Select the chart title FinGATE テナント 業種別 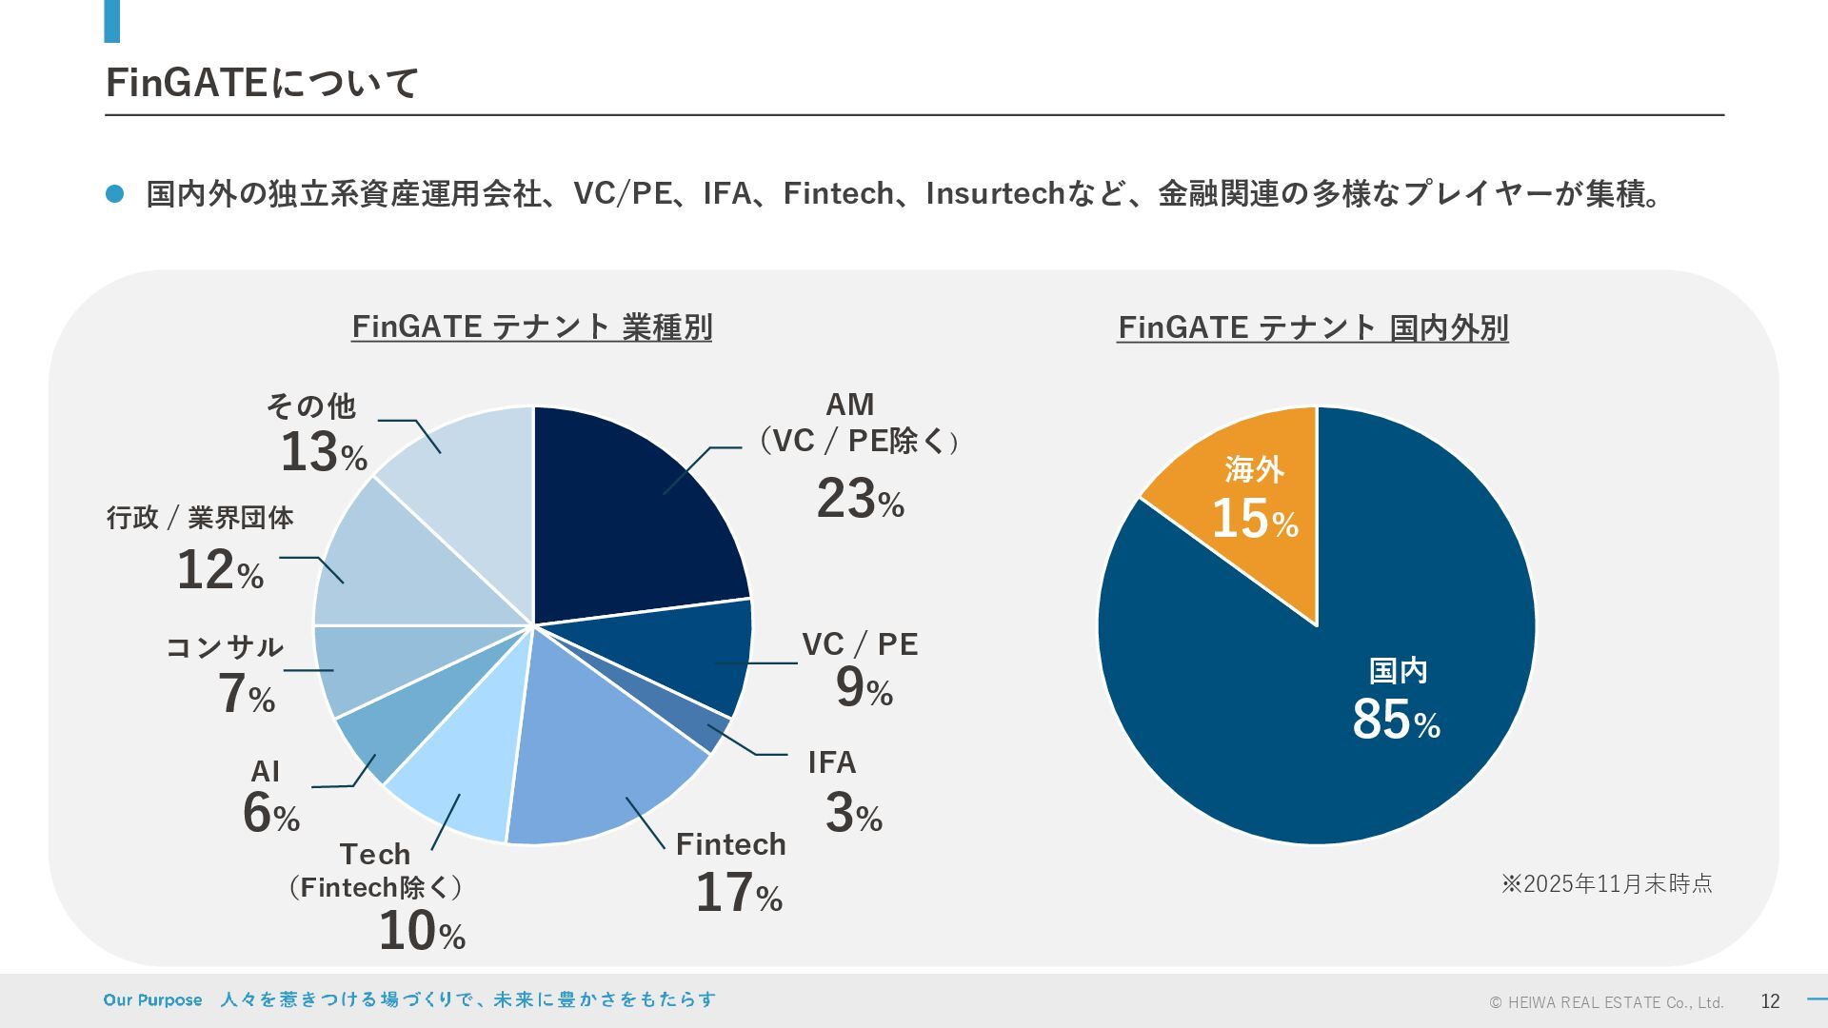pyautogui.click(x=531, y=327)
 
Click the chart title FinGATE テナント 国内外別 pyautogui.click(x=1312, y=327)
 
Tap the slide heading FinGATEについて pyautogui.click(x=262, y=83)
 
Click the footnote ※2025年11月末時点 pyautogui.click(x=1606, y=883)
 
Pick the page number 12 pyautogui.click(x=1770, y=1000)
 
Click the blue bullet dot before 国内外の pyautogui.click(x=115, y=193)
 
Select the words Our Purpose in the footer pyautogui.click(x=152, y=1000)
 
